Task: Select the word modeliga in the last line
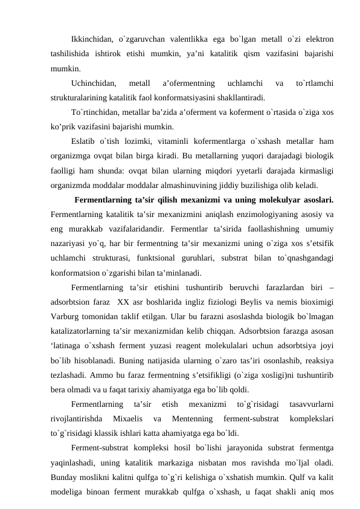click(68, 491)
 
